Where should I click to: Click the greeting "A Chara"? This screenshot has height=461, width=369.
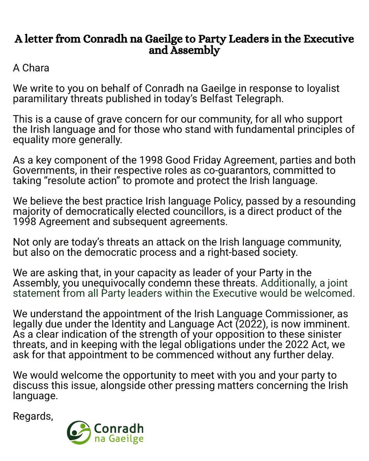pyautogui.click(x=31, y=68)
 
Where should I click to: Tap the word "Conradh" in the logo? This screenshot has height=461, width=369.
pyautogui.click(x=118, y=428)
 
